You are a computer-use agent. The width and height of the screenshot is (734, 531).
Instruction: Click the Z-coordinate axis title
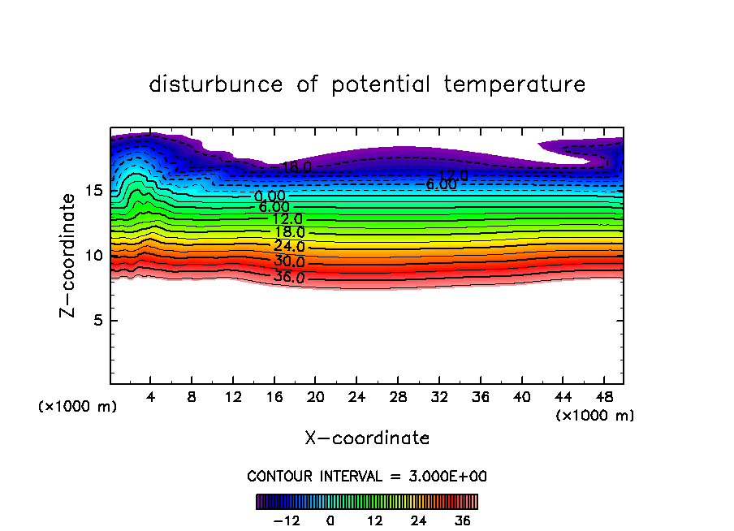click(x=72, y=255)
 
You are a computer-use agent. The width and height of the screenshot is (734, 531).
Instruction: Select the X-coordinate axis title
click(x=367, y=438)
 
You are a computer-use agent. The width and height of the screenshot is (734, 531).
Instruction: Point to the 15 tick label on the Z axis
click(x=93, y=191)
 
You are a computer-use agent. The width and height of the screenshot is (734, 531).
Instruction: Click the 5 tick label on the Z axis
click(x=97, y=321)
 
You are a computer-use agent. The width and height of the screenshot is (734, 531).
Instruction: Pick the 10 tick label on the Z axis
click(x=93, y=256)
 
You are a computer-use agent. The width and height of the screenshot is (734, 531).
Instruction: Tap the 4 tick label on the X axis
click(x=151, y=398)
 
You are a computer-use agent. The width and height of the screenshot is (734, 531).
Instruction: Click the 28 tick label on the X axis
click(x=398, y=398)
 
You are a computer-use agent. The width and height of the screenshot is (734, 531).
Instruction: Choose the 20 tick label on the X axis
click(x=316, y=398)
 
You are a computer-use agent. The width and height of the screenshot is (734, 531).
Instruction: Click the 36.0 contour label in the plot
click(x=289, y=277)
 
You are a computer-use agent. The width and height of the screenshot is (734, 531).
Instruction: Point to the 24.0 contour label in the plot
click(x=289, y=247)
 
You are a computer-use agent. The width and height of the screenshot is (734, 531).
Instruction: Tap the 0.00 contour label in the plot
click(x=270, y=196)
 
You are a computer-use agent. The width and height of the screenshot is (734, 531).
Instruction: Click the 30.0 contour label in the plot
click(x=289, y=262)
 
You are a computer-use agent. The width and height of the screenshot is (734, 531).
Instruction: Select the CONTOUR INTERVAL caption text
click(x=367, y=477)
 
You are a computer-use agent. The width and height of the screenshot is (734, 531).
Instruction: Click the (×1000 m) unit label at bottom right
click(x=595, y=416)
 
